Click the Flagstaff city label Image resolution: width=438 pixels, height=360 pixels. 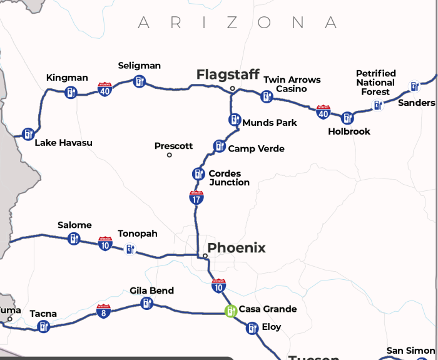coord(228,75)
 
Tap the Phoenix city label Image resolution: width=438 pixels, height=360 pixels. coord(237,248)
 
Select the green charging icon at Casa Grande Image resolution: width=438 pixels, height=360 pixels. coord(231,311)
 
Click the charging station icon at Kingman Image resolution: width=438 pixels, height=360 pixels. coord(71,93)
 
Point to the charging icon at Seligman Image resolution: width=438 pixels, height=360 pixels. coord(138,81)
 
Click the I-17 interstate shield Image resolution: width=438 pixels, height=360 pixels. coord(196,198)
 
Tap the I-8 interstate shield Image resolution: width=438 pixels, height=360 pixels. coord(104,311)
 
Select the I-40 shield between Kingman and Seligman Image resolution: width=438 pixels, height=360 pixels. coord(105,90)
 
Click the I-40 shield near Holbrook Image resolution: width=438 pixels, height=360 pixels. coord(323,112)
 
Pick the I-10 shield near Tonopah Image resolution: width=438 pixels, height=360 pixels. coord(104,244)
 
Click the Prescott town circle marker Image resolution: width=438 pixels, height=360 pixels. coord(169,155)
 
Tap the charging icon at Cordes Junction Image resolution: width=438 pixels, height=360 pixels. coord(198,174)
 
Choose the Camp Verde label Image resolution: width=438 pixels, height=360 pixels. coord(256,149)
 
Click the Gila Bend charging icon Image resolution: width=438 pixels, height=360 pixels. coord(147,304)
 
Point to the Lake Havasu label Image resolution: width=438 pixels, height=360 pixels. coord(63,143)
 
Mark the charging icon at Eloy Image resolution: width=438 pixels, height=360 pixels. coord(252,327)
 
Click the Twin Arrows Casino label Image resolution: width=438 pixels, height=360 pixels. coord(292,84)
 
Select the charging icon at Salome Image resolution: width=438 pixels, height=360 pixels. coord(74,239)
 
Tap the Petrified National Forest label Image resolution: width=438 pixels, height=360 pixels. coord(376,83)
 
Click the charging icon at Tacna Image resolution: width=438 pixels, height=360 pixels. coord(43,326)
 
